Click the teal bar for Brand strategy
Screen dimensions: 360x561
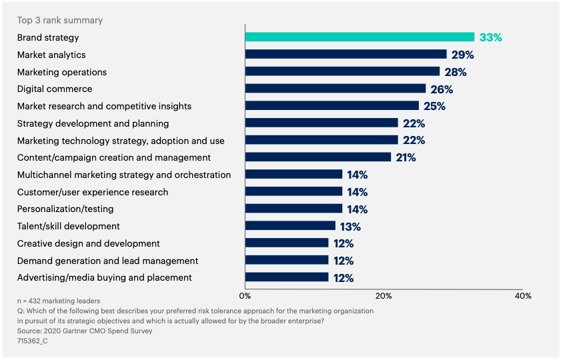360,37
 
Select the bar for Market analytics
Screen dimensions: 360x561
346,55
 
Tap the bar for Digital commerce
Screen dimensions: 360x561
335,89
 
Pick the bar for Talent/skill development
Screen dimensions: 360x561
290,226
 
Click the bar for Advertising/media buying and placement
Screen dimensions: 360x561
287,277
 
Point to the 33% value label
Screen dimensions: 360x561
490,37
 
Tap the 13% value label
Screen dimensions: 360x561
350,226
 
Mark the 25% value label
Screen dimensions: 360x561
434,106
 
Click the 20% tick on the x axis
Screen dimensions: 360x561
384,295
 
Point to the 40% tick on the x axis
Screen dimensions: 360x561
523,295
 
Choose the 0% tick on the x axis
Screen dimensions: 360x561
245,295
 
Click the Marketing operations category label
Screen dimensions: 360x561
62,72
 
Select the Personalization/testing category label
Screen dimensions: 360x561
65,209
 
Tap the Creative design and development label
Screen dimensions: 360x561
89,243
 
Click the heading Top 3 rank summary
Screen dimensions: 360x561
60,21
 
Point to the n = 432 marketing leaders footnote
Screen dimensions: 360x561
59,301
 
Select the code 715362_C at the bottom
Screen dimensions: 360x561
33,341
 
